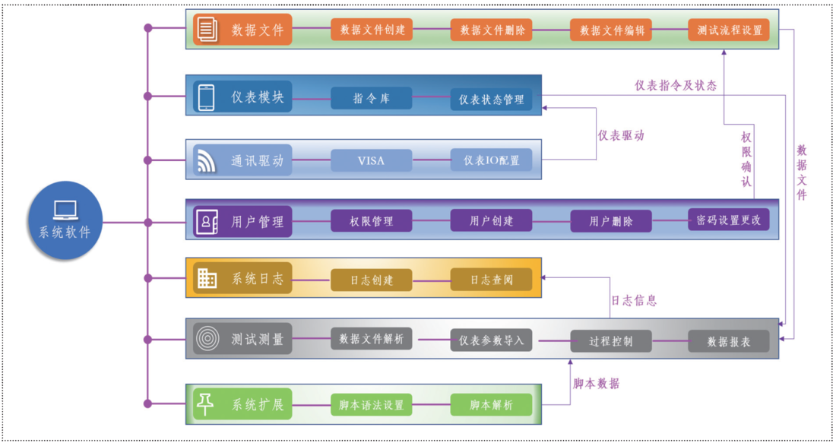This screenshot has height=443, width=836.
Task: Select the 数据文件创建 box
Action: [372, 30]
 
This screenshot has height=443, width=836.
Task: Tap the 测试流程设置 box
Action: [729, 30]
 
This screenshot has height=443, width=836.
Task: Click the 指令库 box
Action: [372, 99]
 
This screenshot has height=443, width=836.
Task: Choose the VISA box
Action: [372, 160]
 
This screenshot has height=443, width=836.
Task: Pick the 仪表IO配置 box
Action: [491, 160]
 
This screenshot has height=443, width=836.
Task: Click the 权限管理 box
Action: [372, 220]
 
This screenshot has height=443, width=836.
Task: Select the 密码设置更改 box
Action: [729, 220]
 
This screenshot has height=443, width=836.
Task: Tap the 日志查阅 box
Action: [491, 280]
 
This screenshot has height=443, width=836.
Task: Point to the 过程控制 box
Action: [611, 341]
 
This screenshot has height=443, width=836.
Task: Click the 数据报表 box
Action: [729, 341]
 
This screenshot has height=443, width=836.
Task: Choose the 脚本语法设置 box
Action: [372, 405]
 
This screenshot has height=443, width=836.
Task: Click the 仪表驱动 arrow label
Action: [621, 135]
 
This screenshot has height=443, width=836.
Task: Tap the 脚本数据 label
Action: [596, 383]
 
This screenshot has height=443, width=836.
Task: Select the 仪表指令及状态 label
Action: [676, 85]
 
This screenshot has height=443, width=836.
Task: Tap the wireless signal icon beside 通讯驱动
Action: [206, 160]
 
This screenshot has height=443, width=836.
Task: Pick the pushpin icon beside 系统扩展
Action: [206, 404]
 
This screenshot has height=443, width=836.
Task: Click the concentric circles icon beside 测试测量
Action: [206, 338]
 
